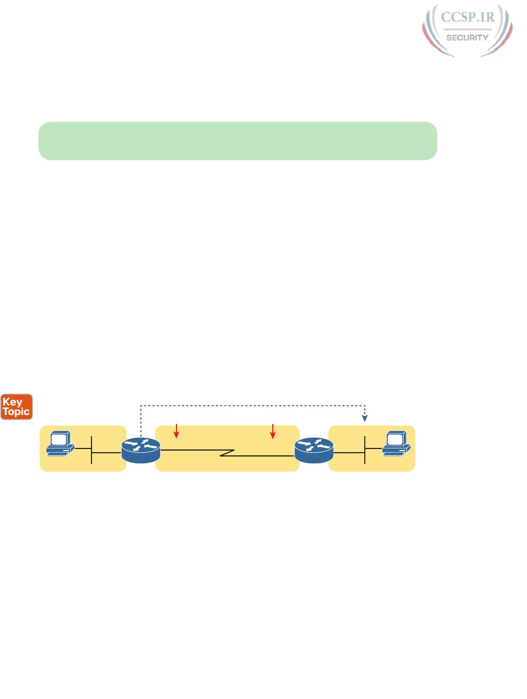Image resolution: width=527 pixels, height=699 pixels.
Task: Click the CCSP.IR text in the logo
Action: (467, 17)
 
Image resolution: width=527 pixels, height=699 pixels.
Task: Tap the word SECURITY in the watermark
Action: (467, 38)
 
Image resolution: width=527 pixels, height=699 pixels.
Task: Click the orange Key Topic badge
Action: (16, 407)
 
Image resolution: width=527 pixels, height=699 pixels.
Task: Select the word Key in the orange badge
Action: (12, 402)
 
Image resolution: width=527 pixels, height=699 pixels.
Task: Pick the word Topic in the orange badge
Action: (16, 412)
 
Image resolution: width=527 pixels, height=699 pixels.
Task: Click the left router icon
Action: (141, 450)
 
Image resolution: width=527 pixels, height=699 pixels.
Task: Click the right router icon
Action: (314, 450)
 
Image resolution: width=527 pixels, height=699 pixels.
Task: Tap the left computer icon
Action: (60, 444)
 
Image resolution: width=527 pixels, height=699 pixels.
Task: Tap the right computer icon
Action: (396, 444)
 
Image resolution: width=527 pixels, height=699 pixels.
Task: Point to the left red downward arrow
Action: (177, 431)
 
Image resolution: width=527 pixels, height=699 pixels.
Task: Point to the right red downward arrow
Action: (273, 431)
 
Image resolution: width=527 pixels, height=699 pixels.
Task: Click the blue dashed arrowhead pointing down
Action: (365, 418)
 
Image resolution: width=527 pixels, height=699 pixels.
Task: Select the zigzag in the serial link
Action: (227, 453)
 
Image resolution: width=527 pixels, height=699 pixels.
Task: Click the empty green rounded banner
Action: (238, 141)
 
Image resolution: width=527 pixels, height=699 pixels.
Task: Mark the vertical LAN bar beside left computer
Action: (91, 450)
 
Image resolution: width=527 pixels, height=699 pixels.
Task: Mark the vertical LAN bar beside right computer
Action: (365, 450)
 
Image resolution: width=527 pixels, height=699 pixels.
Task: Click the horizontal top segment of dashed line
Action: (253, 406)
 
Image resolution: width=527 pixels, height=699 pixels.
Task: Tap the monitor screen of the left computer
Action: (59, 439)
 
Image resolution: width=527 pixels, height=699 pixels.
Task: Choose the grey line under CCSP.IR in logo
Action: (467, 29)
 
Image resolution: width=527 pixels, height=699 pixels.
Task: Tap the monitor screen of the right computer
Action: (396, 439)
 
